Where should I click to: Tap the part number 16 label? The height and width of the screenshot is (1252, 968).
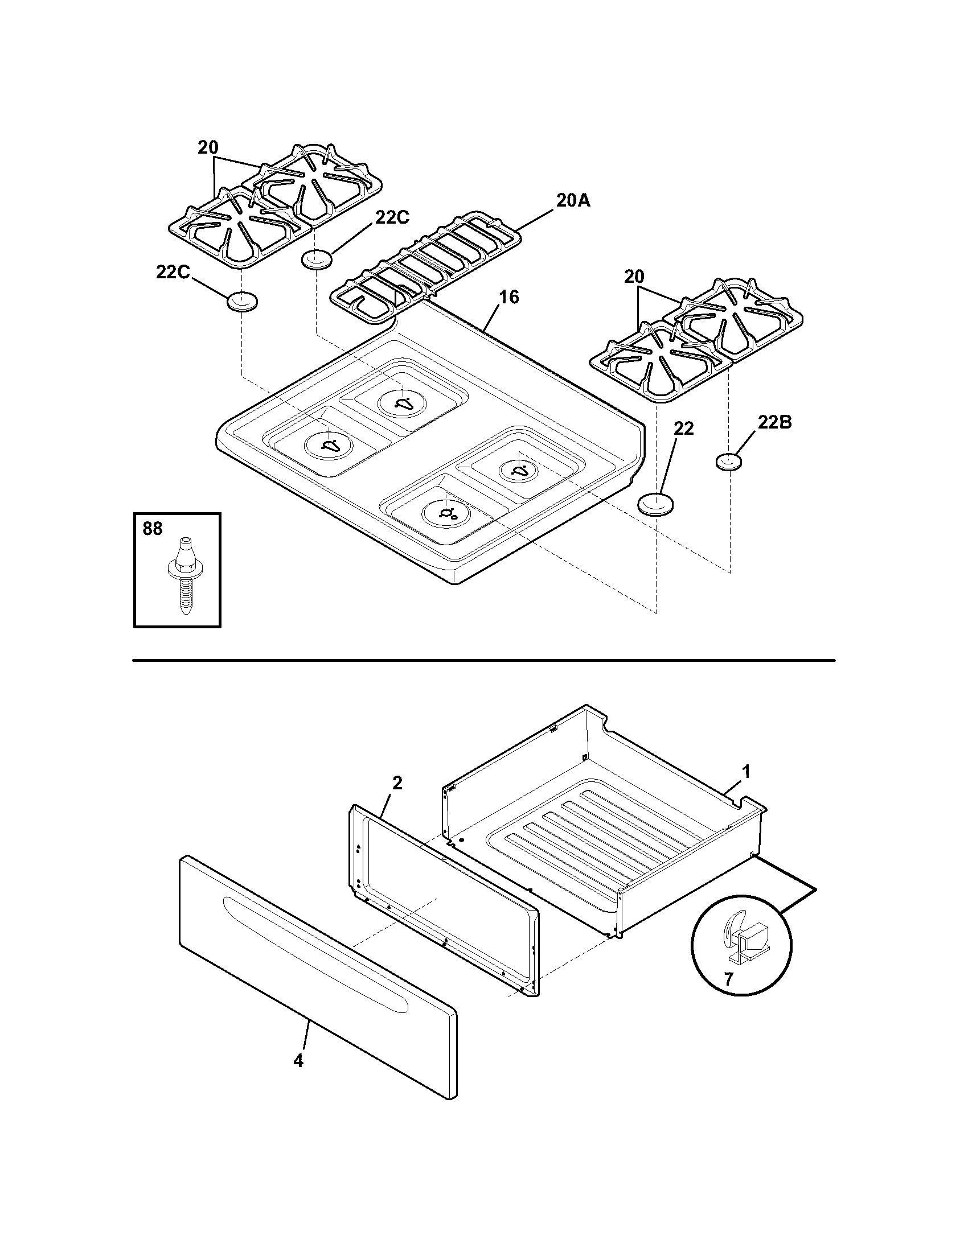(508, 297)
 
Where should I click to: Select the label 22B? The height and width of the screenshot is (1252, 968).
(774, 422)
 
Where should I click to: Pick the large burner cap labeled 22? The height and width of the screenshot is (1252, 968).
(655, 504)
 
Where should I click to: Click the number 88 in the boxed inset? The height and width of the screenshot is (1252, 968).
(153, 528)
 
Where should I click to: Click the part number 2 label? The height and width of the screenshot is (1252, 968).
(397, 783)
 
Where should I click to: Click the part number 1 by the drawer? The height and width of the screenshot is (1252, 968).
(746, 772)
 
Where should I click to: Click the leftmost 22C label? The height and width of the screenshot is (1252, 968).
(173, 272)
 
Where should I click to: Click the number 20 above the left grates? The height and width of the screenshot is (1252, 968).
(208, 147)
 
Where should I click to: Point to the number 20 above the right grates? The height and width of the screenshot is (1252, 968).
(634, 277)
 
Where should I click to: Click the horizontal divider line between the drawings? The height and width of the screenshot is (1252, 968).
(483, 660)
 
